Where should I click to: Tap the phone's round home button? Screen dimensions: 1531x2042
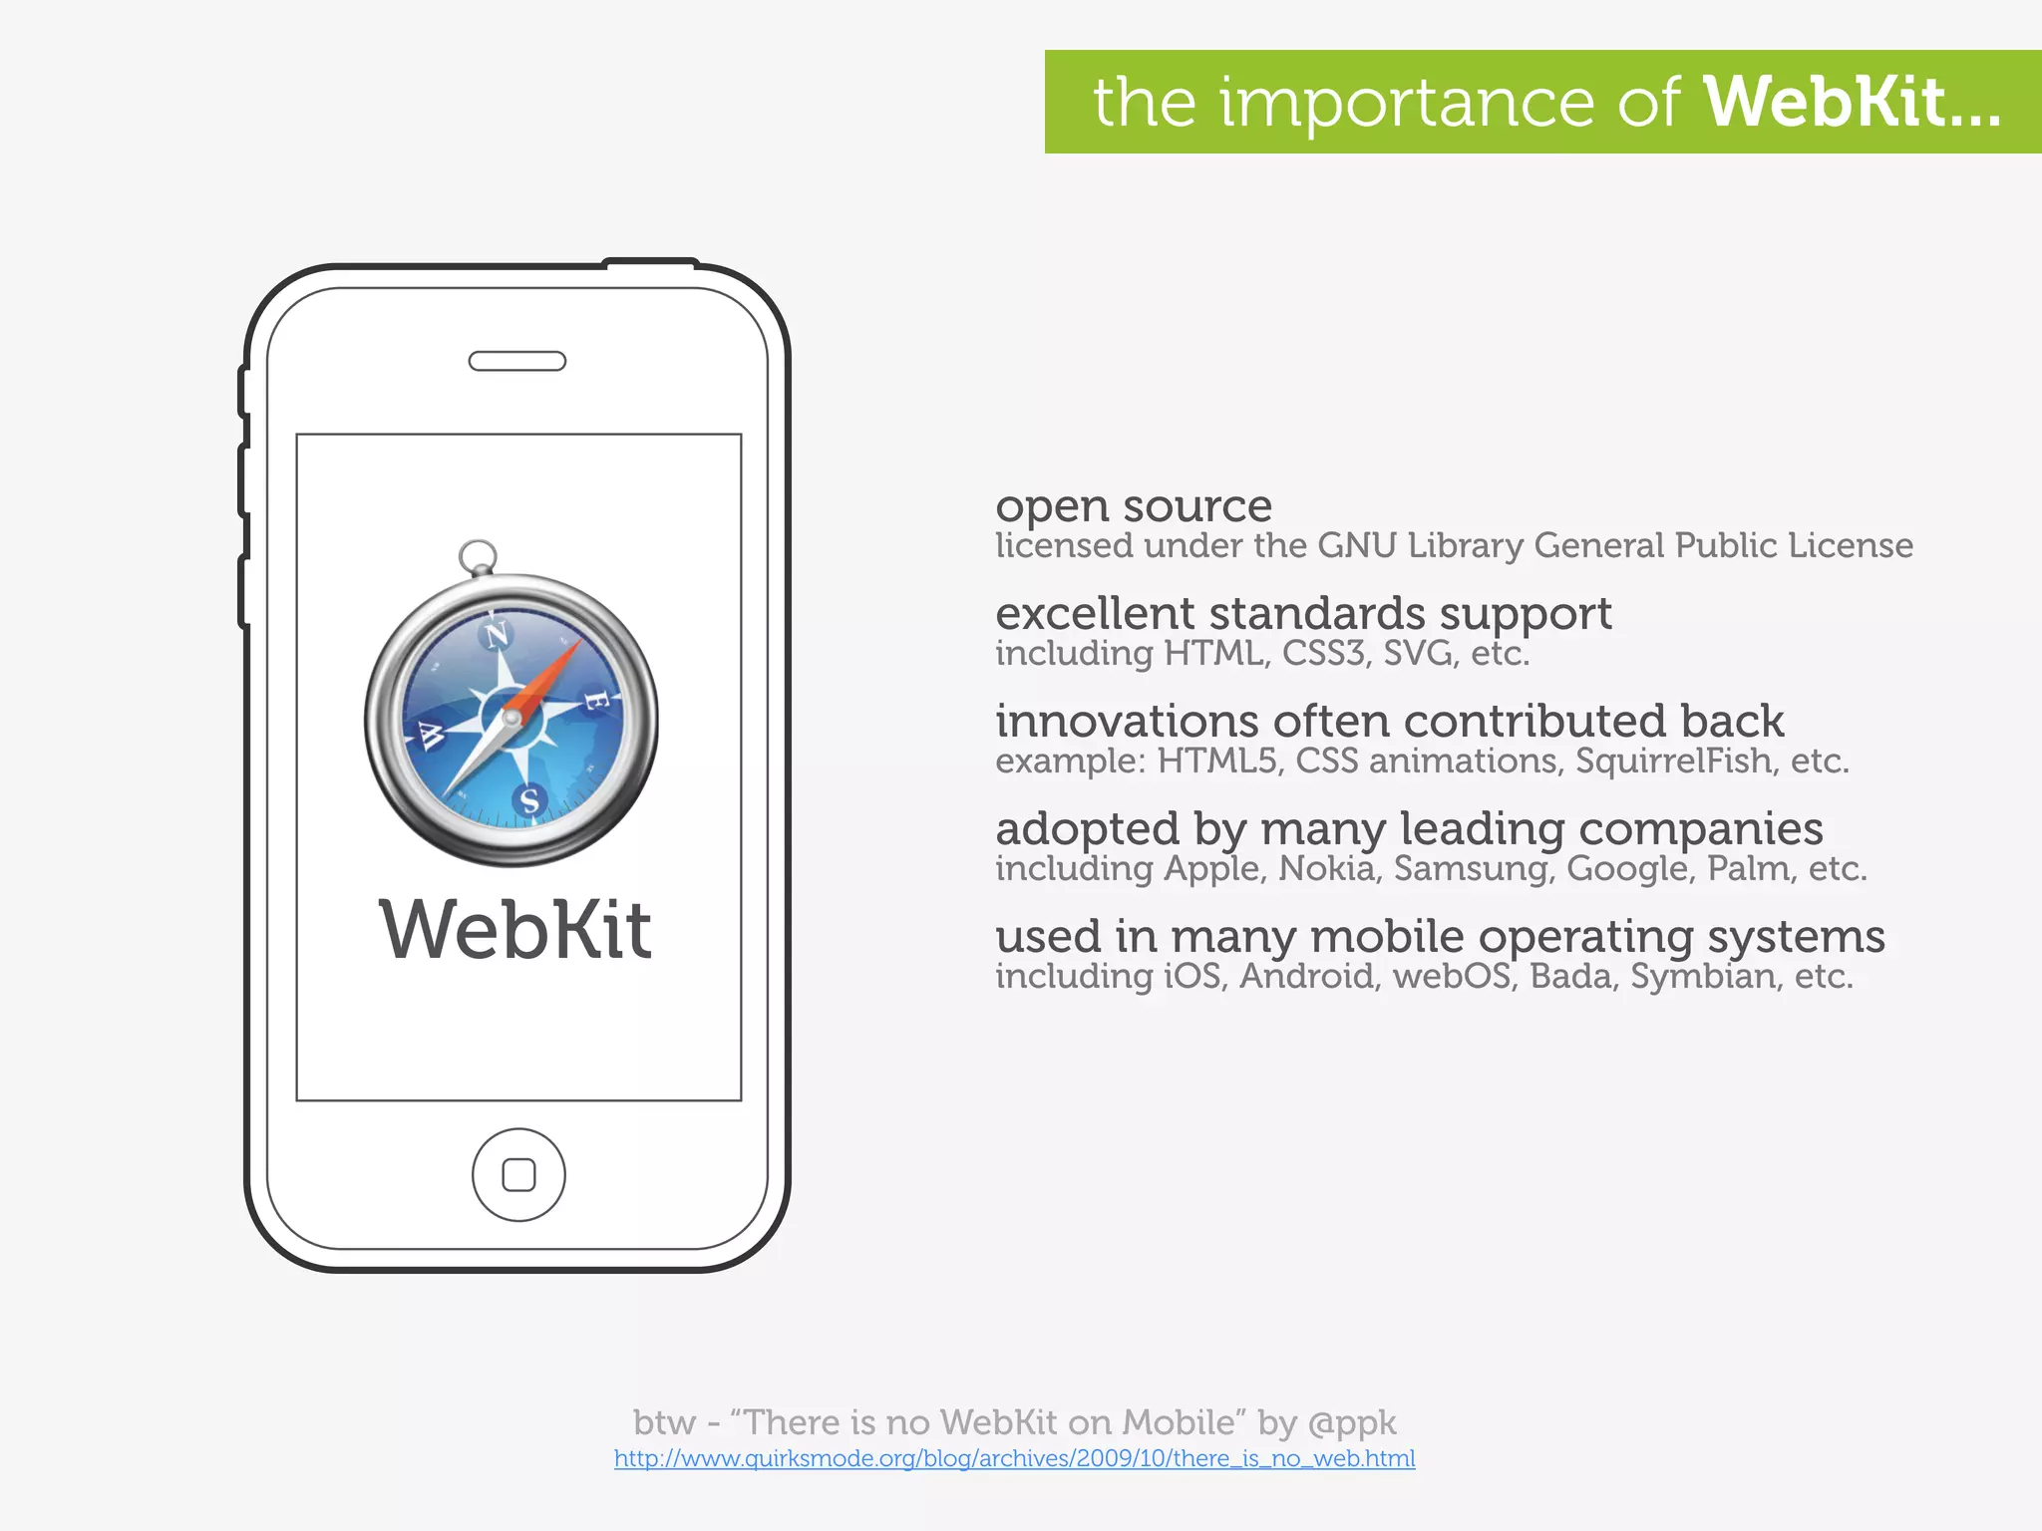(518, 1175)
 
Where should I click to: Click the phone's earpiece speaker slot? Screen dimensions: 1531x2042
(517, 361)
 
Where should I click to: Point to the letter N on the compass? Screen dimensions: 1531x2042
(496, 633)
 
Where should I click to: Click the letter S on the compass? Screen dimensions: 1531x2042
(529, 799)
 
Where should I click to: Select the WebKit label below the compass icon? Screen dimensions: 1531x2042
(515, 930)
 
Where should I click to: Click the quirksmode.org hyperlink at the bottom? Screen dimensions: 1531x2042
(1014, 1458)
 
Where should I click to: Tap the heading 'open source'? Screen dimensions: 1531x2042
(1134, 506)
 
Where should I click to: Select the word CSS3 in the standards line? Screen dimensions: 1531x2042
(1323, 654)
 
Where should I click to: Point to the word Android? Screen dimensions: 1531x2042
(1307, 977)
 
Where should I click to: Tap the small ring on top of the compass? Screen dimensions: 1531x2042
(478, 555)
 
